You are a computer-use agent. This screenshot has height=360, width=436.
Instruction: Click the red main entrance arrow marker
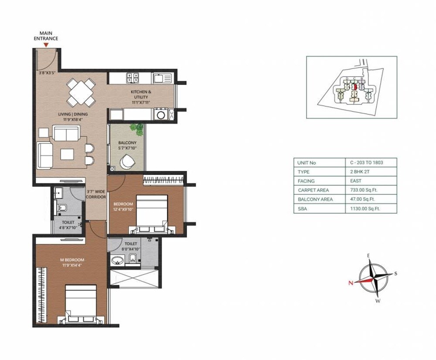(x=46, y=44)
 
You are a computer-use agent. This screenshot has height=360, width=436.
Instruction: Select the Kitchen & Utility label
(x=141, y=94)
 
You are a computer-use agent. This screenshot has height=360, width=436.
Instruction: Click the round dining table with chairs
(x=82, y=92)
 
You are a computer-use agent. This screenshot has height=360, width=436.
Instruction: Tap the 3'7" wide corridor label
(x=96, y=194)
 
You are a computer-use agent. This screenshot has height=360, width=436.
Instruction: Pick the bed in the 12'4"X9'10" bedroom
(x=151, y=214)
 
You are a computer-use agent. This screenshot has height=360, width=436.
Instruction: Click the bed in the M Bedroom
(x=81, y=303)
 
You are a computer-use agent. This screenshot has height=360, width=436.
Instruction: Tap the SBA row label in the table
(x=302, y=208)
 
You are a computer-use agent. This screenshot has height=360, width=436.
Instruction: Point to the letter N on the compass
(x=351, y=282)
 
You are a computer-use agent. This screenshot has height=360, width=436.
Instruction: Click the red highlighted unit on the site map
(x=355, y=87)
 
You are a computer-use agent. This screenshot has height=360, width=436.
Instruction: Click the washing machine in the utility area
(x=161, y=115)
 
